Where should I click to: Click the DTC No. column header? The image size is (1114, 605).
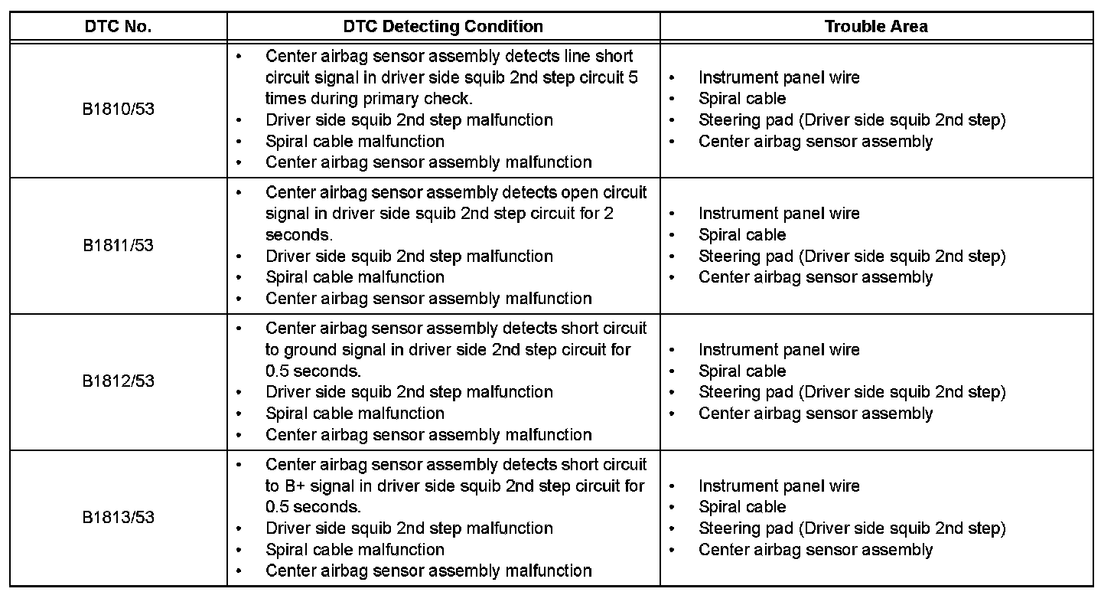(118, 26)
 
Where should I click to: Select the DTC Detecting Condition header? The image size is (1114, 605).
(443, 26)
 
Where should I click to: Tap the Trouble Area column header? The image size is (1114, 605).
(876, 26)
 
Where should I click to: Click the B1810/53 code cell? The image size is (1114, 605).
(118, 109)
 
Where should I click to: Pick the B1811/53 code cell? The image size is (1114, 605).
(118, 245)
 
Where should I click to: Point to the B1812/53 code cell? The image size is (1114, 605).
(118, 381)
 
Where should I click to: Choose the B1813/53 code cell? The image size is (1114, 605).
(118, 517)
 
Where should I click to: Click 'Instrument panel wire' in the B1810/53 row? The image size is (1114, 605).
(778, 77)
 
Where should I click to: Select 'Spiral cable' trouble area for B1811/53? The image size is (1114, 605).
(741, 234)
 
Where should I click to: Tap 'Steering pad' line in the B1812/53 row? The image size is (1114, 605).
(852, 392)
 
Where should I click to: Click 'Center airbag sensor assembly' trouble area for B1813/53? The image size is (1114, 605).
(815, 549)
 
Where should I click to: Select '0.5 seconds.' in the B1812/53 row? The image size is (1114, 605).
(313, 371)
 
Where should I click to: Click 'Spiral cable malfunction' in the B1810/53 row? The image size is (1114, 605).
(354, 141)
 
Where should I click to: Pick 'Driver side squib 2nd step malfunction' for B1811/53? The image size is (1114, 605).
(409, 256)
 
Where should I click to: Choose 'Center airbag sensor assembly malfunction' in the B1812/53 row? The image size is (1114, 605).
(428, 434)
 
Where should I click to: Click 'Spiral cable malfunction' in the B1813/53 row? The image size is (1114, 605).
(354, 549)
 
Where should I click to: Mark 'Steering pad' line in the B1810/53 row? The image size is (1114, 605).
(852, 119)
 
